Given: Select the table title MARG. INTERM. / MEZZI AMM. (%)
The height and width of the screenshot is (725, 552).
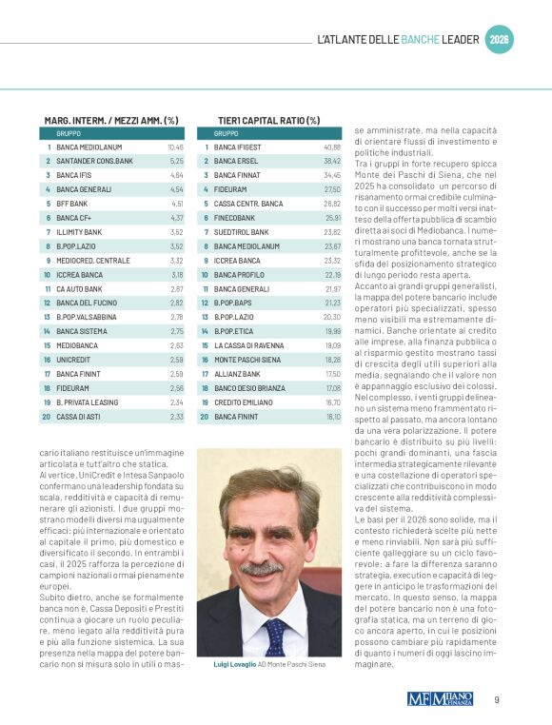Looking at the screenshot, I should point(111,121).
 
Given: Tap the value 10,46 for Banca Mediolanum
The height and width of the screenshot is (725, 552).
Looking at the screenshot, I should point(175,147).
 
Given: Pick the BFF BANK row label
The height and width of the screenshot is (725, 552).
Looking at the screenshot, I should point(72,204).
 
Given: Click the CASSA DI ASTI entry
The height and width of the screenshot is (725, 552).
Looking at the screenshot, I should point(81,416).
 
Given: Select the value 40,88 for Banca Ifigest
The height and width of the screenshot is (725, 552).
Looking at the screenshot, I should point(332,147).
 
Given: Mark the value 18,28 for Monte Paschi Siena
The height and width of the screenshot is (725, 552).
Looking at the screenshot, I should point(332,360).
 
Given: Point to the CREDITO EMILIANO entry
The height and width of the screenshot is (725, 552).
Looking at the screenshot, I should point(244,402).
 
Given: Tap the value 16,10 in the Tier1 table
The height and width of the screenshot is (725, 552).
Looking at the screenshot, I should point(332,416).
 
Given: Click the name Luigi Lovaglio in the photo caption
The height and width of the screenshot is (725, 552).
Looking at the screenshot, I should point(233,664).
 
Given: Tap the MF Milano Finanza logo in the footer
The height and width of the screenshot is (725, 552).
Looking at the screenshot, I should point(439,698).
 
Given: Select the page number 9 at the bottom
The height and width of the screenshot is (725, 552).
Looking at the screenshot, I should point(497,699).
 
